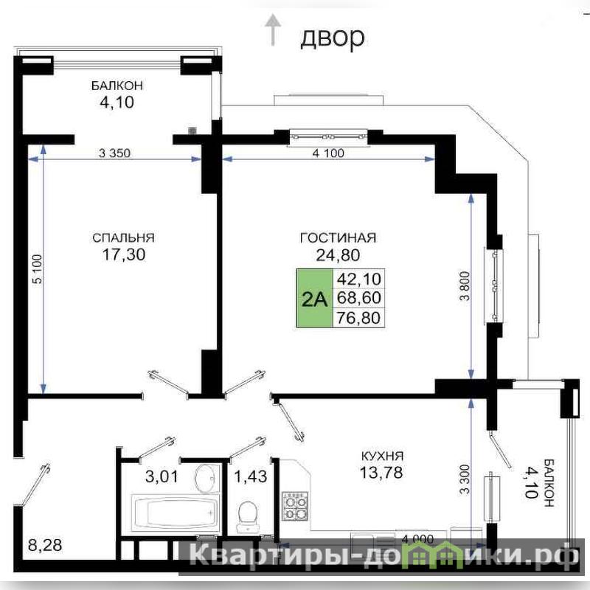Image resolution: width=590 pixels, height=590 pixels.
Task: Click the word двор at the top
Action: pos(333,38)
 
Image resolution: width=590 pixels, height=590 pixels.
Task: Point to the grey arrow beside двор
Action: pos(273,29)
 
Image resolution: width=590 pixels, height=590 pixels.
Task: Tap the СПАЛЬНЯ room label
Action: pos(123,237)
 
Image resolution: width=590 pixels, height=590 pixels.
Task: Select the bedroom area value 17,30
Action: pos(124,254)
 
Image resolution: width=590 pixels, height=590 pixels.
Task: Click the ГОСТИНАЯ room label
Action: pos(338,237)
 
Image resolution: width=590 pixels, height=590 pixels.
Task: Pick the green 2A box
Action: pos(315,298)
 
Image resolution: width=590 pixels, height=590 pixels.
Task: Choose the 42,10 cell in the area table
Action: pos(358,279)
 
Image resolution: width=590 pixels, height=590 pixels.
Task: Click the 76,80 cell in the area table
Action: pos(358,318)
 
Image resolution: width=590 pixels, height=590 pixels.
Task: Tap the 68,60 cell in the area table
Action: pos(358,298)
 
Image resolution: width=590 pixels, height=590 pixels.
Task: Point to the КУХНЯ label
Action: pos(382,456)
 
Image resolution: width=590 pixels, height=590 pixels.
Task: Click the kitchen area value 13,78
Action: pos(381,473)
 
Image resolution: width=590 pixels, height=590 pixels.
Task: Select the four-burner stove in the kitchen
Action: pos(295,506)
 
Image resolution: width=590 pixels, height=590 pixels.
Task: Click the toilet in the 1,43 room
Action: pos(248,516)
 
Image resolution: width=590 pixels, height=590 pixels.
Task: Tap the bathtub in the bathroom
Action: pos(175,513)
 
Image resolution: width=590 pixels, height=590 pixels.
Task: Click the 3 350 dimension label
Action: pos(114,153)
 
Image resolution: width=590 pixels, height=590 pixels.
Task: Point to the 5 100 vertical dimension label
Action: pos(38,269)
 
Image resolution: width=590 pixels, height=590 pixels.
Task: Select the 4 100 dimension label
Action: pos(328,153)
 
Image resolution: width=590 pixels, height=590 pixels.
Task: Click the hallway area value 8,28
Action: pos(45,545)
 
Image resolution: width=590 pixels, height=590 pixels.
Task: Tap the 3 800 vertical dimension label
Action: pos(465,286)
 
